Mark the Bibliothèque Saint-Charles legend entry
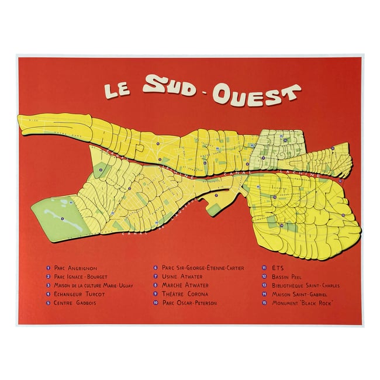coord(306,285)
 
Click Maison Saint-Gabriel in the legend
coord(299,294)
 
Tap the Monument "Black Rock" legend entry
coord(302,303)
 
